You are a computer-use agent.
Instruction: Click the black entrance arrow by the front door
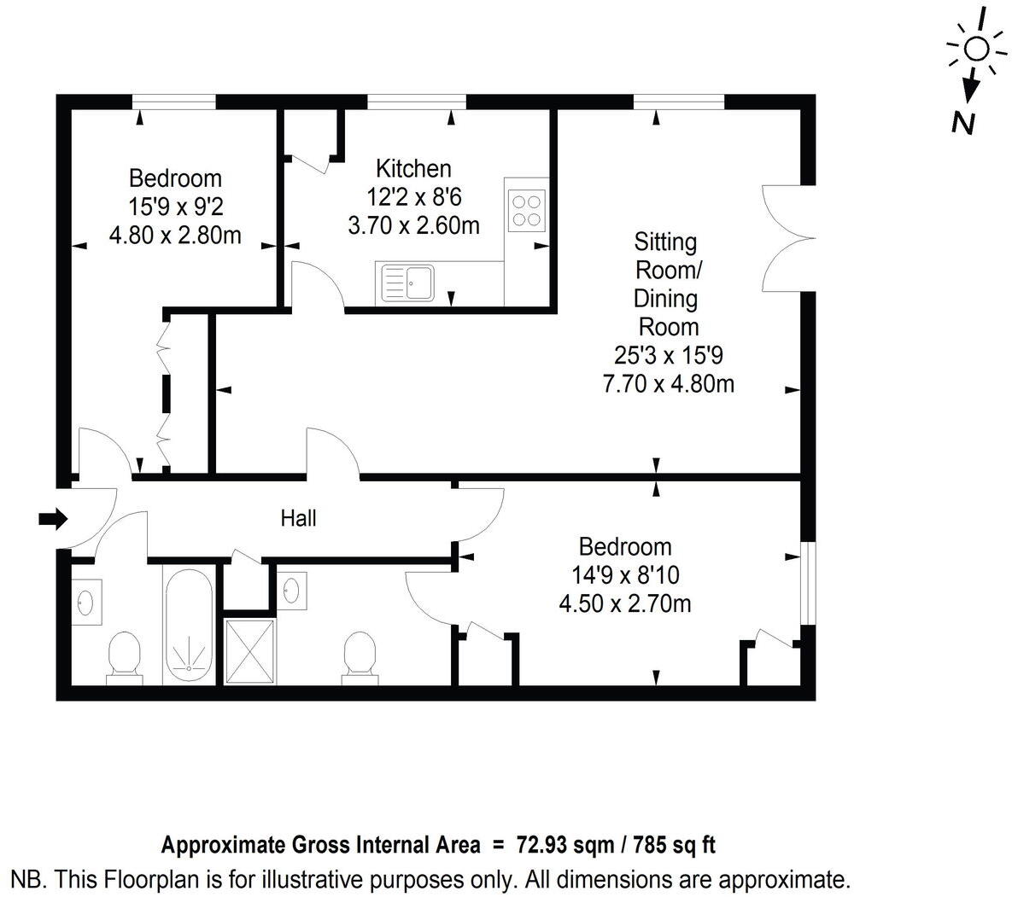click(53, 518)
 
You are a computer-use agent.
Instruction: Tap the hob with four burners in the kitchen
click(525, 210)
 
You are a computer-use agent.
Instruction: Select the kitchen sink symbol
click(408, 282)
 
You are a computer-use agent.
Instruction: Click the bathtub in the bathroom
click(189, 625)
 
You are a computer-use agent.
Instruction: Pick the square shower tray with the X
click(249, 652)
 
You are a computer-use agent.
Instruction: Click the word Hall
click(299, 518)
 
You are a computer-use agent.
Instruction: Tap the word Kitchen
click(413, 168)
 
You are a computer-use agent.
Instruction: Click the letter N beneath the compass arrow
click(963, 124)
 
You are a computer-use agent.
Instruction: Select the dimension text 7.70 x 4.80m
click(669, 383)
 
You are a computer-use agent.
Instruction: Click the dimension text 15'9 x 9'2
click(175, 206)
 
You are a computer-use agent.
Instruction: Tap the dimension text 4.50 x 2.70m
click(624, 604)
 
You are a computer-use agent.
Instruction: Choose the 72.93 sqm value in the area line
click(564, 846)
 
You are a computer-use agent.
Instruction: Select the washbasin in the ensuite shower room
click(290, 591)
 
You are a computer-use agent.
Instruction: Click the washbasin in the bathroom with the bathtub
click(86, 602)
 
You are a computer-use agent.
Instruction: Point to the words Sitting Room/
click(666, 256)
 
